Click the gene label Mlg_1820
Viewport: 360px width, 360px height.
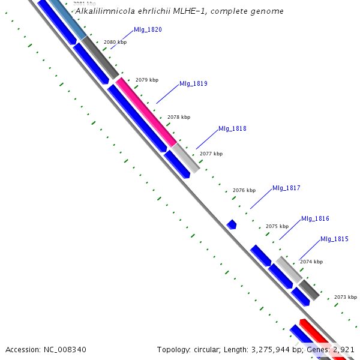tap(148, 29)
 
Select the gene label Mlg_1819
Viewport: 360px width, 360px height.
tap(193, 83)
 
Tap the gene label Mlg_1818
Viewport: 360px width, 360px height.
tap(232, 128)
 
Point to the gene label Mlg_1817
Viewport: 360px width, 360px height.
tap(286, 188)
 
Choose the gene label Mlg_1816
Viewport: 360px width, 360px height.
tap(315, 218)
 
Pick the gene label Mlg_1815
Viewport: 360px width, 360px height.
tap(334, 239)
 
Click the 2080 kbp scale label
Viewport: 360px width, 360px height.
tap(115, 43)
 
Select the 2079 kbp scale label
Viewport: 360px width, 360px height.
tap(147, 80)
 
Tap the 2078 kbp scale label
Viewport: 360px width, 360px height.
tap(179, 117)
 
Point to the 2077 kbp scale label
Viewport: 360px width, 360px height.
tap(211, 154)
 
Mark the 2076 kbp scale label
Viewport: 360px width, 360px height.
tap(244, 190)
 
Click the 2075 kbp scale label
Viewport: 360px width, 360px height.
tap(277, 226)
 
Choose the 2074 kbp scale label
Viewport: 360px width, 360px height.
tap(311, 262)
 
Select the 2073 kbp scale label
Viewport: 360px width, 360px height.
tap(346, 297)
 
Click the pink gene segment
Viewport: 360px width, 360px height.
tap(146, 112)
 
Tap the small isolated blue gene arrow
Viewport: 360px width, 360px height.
tap(232, 224)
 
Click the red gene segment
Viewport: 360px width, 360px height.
tap(321, 339)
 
